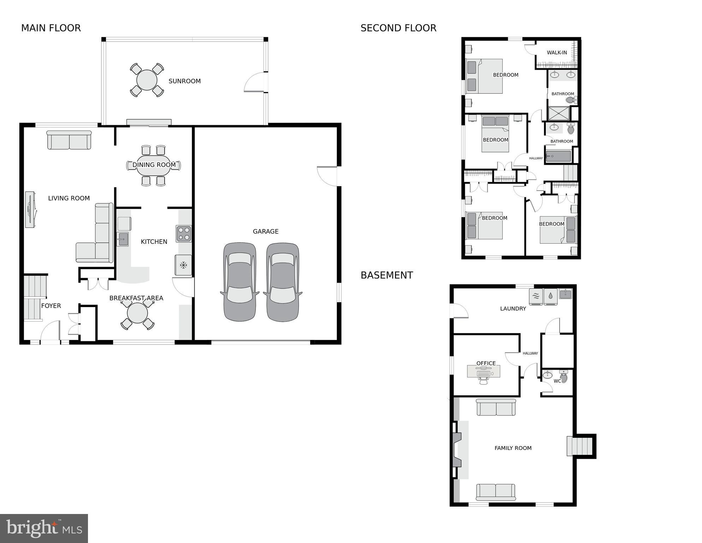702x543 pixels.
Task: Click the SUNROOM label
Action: point(184,81)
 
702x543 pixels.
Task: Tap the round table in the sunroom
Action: point(147,80)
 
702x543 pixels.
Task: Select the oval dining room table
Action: point(153,165)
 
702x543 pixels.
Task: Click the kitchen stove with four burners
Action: point(184,233)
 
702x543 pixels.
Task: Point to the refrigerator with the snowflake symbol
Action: point(183,265)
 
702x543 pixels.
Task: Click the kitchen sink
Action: point(123,239)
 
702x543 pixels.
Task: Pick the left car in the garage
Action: point(240,282)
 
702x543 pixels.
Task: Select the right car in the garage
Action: point(283,282)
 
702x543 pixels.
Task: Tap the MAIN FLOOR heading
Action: point(51,28)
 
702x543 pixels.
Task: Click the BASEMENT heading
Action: point(387,275)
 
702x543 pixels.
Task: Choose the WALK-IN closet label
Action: point(557,53)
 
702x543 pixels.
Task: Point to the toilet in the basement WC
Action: point(564,377)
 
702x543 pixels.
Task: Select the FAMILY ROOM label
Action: point(513,448)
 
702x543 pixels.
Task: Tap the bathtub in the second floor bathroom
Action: point(558,156)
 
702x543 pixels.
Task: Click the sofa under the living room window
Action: point(69,140)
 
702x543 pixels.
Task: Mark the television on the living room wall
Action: point(30,209)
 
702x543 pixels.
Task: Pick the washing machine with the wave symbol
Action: point(536,296)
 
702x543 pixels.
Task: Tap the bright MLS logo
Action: point(44,528)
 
